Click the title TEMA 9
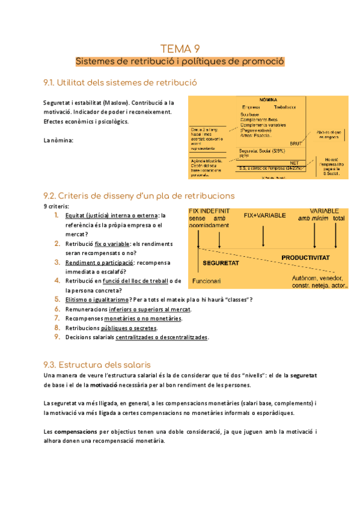(180, 49)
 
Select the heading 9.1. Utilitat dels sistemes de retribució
(120, 82)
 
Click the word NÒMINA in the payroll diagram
(272, 99)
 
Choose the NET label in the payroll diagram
(294, 163)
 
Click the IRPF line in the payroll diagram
(244, 156)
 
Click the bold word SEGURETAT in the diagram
(221, 263)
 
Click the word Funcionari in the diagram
(206, 281)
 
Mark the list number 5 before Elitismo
(56, 299)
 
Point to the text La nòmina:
(58, 140)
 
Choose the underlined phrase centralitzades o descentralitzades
(162, 337)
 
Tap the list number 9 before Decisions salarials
(56, 337)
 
